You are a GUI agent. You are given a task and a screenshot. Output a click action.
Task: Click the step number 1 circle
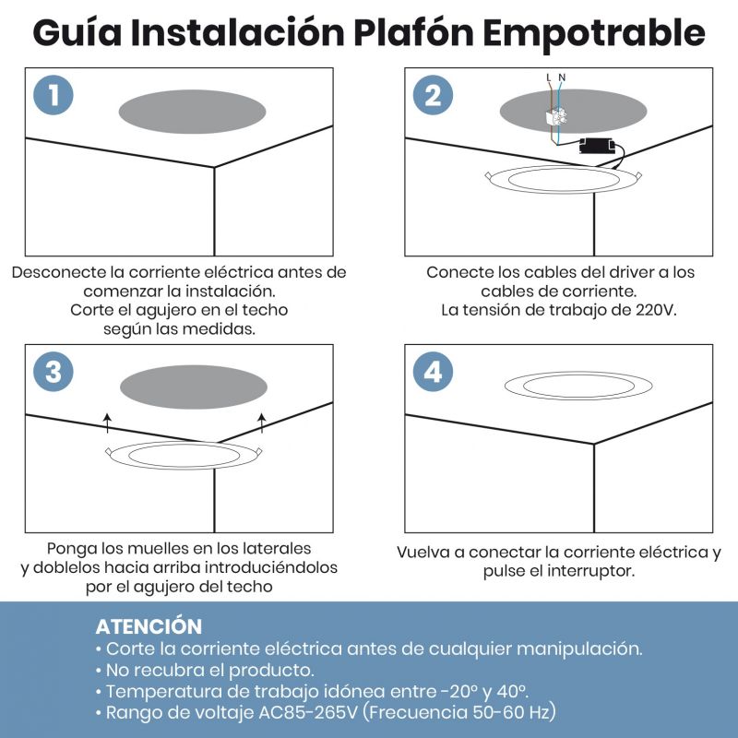(x=54, y=95)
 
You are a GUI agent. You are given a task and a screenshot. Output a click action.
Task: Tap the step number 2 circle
(x=433, y=95)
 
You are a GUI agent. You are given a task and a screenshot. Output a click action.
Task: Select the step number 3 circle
(x=54, y=372)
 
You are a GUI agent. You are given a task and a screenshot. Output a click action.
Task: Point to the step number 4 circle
(x=433, y=372)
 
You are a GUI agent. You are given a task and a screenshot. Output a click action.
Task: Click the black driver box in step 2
(x=597, y=146)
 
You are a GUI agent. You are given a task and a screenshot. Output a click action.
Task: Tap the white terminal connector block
(x=556, y=117)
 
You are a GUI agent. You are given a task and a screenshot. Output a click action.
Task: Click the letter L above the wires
(x=549, y=77)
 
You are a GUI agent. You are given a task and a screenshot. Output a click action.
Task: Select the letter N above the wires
(x=562, y=77)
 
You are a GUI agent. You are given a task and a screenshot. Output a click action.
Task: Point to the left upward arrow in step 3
(x=108, y=423)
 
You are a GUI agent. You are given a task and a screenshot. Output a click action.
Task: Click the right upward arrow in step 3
(x=262, y=423)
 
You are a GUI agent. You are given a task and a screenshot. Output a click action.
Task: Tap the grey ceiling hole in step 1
(x=192, y=112)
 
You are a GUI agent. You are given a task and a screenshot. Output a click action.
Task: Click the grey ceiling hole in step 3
(x=194, y=387)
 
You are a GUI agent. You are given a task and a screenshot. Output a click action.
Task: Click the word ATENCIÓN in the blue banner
(x=149, y=626)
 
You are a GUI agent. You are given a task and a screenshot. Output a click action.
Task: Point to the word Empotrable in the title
(x=594, y=33)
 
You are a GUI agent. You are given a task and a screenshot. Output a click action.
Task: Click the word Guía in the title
(x=77, y=32)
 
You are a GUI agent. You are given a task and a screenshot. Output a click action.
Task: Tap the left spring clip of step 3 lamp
(x=109, y=451)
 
